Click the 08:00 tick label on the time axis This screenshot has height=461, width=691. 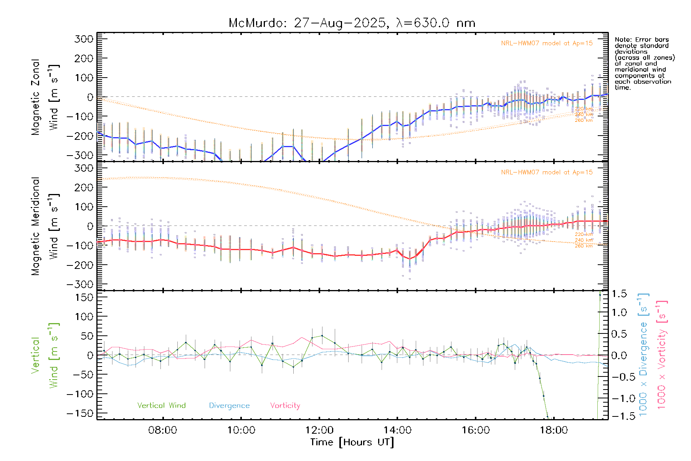(162, 430)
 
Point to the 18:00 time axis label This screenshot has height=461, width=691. (554, 430)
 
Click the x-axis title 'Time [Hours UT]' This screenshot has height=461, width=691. (352, 442)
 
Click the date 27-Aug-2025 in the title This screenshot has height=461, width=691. (340, 23)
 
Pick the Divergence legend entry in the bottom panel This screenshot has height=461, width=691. (229, 406)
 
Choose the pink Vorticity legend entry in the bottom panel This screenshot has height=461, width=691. (285, 406)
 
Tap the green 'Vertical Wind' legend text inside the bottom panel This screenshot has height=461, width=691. (161, 406)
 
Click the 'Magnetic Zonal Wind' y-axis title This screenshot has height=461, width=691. (45, 97)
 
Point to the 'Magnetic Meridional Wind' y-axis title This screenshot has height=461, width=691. (45, 226)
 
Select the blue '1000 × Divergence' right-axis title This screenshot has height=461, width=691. (643, 355)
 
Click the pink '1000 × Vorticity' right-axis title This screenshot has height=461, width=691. (662, 355)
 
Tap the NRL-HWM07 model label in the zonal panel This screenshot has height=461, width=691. (547, 43)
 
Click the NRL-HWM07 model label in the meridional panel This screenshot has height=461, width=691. (547, 172)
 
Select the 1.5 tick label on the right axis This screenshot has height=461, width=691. (619, 294)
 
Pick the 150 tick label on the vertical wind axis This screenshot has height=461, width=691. (84, 297)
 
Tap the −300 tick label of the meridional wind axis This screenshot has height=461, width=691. (80, 284)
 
